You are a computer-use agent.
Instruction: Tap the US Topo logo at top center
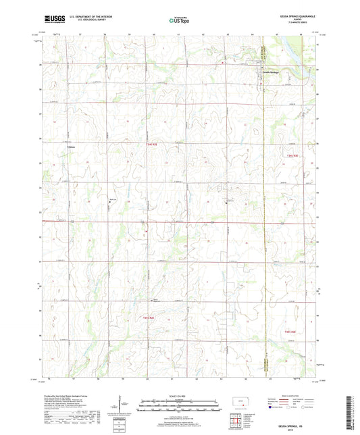point(179,21)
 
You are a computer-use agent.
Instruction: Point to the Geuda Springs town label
point(270,73)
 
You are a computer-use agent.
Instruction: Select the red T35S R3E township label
point(290,331)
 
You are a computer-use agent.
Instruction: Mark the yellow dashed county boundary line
point(262,203)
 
